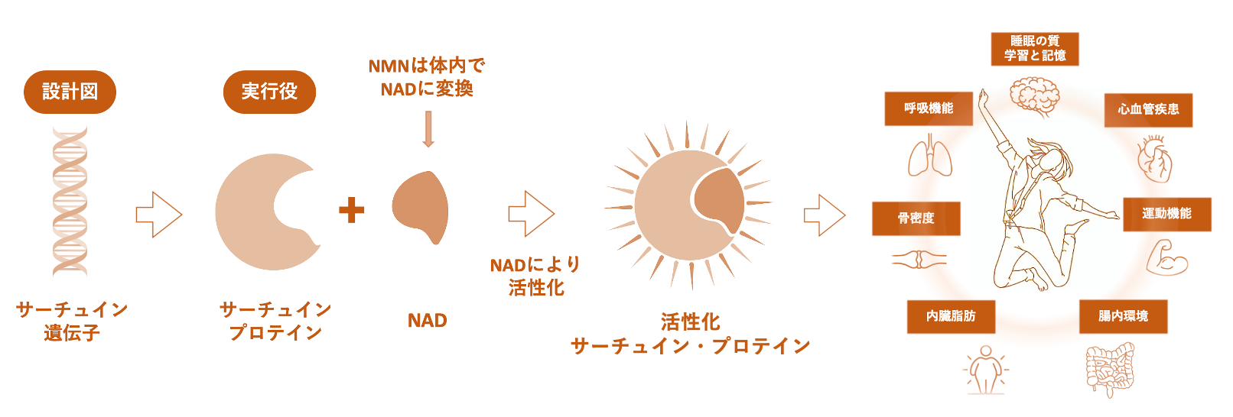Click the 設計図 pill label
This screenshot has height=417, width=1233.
(70, 92)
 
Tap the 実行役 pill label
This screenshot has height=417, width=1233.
(269, 92)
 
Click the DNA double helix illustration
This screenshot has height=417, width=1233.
(70, 201)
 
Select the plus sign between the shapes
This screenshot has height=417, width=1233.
(351, 210)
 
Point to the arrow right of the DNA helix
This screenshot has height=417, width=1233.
(159, 215)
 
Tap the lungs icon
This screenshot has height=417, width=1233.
(930, 157)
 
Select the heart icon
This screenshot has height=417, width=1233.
(1153, 159)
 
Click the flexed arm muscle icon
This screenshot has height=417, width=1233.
(1166, 258)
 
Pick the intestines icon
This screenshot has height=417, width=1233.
(1109, 370)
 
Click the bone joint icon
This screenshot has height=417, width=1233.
(919, 260)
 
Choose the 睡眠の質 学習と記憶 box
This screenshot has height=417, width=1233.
(1035, 49)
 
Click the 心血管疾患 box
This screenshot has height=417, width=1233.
(1148, 110)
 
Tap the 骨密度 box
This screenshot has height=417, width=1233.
(916, 218)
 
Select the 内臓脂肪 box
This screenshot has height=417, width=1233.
(951, 316)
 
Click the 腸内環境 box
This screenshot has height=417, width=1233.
(1123, 316)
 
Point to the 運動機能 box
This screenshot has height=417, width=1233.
(1166, 214)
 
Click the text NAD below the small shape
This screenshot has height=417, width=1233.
(427, 321)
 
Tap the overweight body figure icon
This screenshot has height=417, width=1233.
(985, 370)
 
